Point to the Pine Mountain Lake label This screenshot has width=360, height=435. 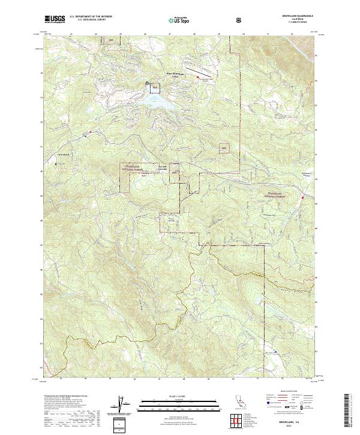point(172,75)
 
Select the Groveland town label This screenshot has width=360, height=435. point(64,155)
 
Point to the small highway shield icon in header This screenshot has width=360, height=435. point(240,20)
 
